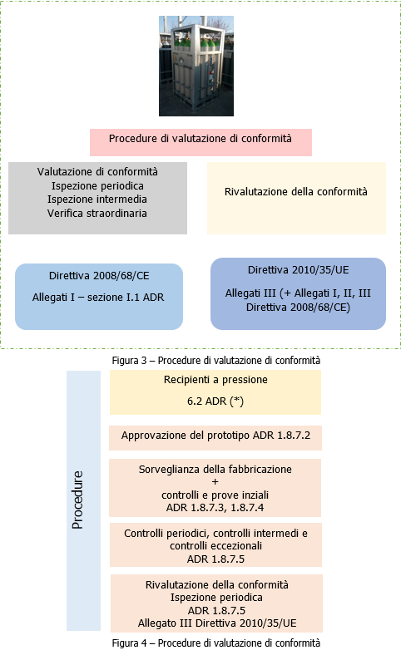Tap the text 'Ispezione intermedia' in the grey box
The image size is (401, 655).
(97, 199)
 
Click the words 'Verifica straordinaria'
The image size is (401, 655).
(97, 214)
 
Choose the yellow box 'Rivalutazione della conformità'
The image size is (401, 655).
(295, 192)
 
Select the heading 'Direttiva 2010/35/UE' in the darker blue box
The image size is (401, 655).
(297, 270)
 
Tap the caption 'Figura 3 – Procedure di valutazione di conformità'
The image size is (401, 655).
(215, 360)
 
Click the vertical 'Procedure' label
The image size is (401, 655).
(77, 500)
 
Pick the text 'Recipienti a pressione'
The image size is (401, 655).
(215, 380)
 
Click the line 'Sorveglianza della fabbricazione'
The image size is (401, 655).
(215, 469)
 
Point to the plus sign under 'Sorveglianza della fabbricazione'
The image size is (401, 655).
(215, 482)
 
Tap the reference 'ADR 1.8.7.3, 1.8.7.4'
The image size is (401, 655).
(215, 506)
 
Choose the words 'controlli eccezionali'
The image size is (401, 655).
(215, 546)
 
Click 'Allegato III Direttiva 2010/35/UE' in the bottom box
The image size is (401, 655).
(215, 622)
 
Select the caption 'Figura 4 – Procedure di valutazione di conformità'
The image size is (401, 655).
(215, 643)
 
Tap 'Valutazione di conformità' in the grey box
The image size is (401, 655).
(97, 171)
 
